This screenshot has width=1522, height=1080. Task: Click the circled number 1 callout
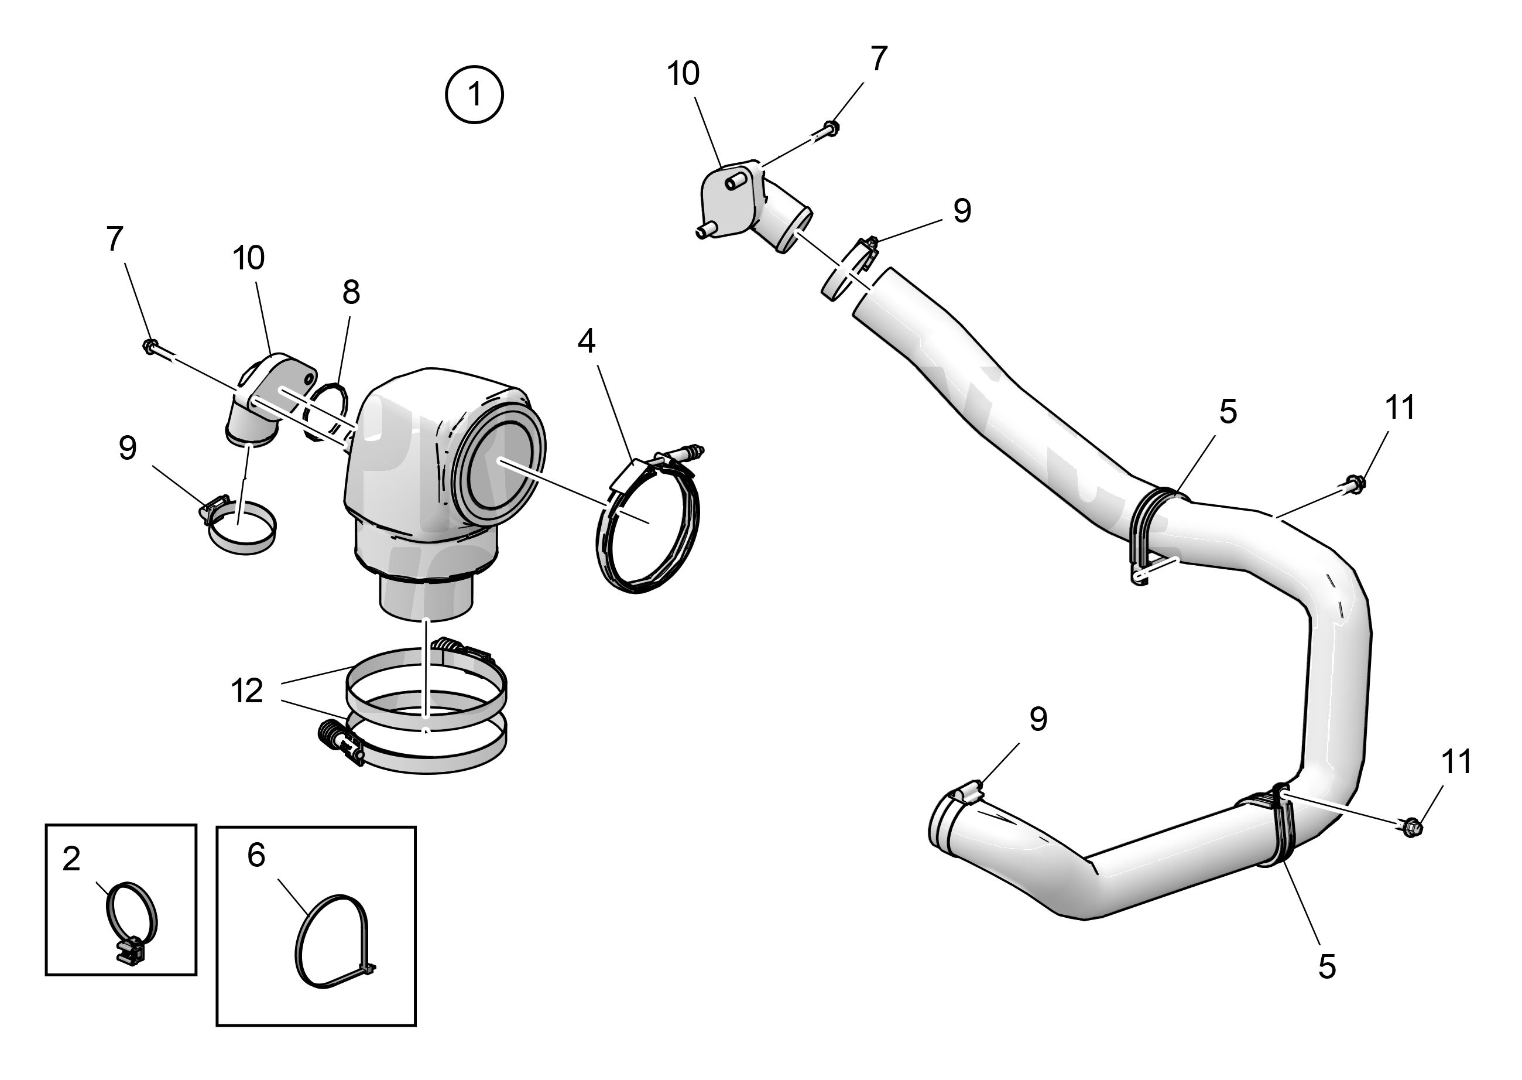click(x=474, y=94)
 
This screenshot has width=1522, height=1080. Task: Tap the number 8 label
click(x=351, y=292)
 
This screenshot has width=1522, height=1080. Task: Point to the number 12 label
click(x=247, y=691)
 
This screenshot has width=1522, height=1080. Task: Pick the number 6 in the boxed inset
click(x=256, y=855)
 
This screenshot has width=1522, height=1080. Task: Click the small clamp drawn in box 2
click(x=132, y=922)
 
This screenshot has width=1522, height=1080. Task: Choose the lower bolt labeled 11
click(x=1410, y=828)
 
